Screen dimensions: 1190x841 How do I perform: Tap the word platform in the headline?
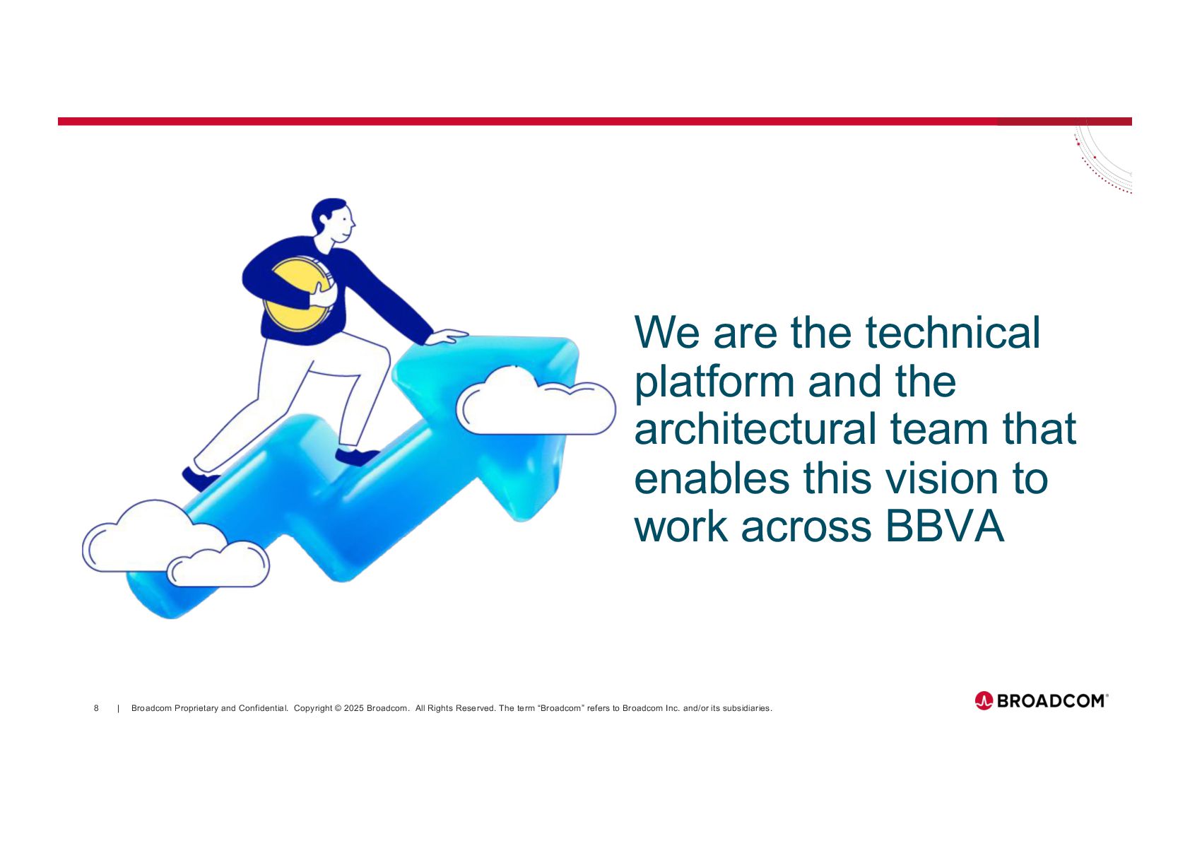click(714, 382)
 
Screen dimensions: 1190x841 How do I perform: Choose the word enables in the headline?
click(712, 478)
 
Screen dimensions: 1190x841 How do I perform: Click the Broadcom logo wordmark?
click(1052, 701)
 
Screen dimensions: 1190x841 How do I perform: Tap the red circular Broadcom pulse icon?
click(984, 701)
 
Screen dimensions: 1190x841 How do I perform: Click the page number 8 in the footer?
click(96, 708)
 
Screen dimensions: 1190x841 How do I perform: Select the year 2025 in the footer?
click(354, 708)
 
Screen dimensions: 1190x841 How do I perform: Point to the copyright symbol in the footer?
click(338, 708)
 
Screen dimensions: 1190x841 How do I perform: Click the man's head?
click(333, 219)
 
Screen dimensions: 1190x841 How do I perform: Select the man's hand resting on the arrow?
click(447, 337)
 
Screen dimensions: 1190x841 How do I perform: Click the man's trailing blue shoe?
click(200, 479)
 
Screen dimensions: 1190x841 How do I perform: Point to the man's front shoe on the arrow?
click(356, 457)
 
